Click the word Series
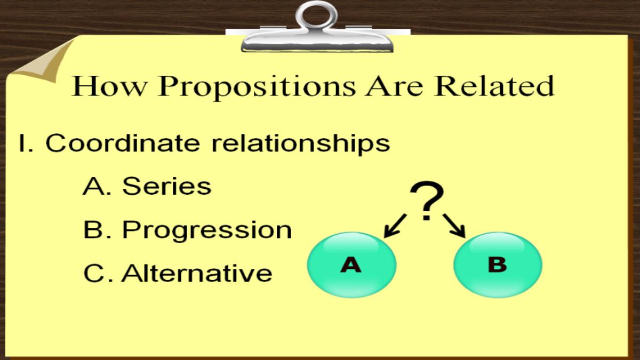coord(167,186)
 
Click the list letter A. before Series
coord(97,186)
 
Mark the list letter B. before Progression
coord(97,229)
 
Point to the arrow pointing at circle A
coord(395,226)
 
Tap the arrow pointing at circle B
coord(454,226)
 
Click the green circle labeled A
coord(351,265)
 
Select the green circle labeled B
coord(498,265)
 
